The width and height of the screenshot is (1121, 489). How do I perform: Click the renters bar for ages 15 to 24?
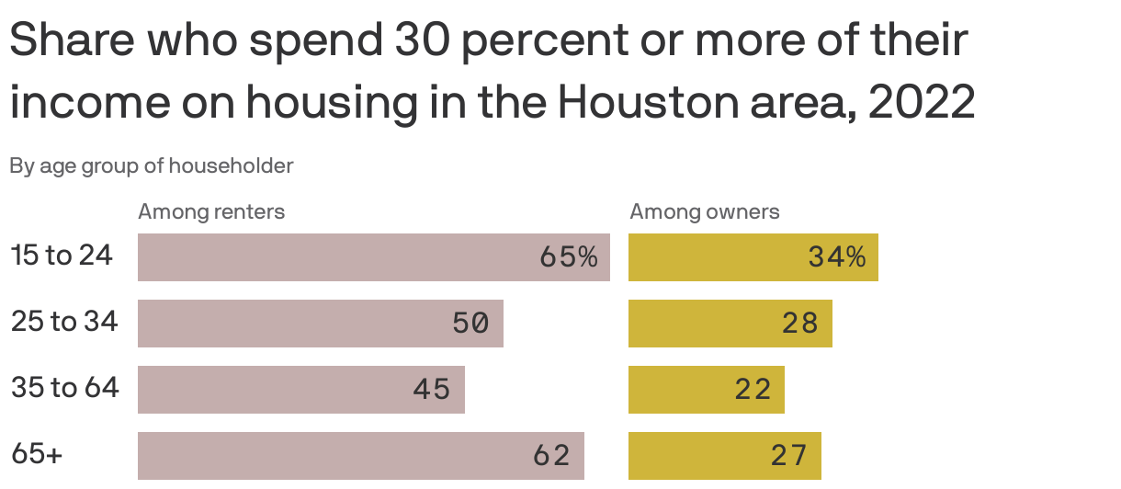point(373,257)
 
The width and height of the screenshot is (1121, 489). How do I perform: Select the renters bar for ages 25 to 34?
point(320,324)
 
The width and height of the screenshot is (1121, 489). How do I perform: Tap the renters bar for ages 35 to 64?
point(300,390)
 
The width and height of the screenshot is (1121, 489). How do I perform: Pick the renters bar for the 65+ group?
point(360,456)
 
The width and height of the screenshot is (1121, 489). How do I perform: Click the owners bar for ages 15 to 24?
point(753,257)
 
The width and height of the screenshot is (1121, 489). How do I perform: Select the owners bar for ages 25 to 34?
point(730,324)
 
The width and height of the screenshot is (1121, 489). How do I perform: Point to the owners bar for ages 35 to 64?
point(706,390)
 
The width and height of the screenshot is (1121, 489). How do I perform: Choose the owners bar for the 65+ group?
point(724,456)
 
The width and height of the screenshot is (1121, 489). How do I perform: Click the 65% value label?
point(569,257)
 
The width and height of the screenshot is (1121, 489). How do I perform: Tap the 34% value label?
point(837,257)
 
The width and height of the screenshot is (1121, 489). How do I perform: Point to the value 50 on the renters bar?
point(470,324)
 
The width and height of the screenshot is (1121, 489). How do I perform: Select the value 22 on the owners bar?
point(753,390)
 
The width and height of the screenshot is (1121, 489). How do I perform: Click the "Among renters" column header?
point(211,211)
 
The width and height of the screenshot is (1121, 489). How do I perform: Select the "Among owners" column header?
point(704,211)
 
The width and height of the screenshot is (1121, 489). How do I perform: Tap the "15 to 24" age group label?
point(62,256)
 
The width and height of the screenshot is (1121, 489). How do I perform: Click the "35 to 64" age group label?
point(65,388)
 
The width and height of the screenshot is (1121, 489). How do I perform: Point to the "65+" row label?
point(37,454)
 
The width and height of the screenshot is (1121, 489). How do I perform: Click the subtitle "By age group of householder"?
point(152,166)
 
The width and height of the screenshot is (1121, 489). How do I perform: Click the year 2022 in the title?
point(922,103)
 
